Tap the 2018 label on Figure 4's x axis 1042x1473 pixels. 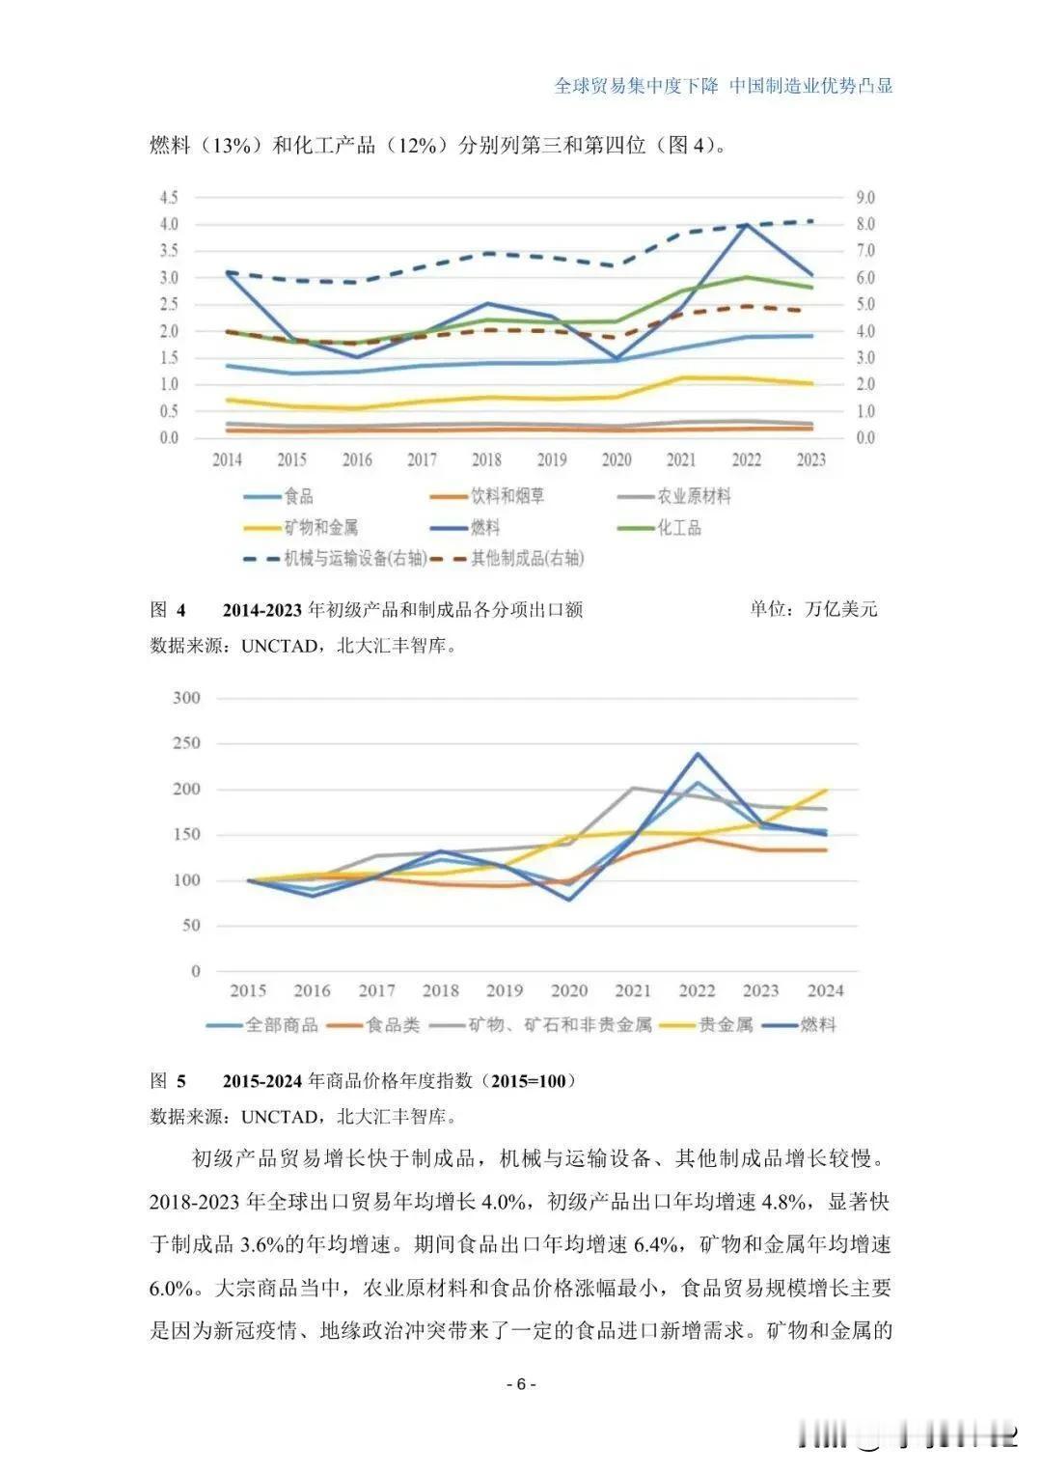coord(486,460)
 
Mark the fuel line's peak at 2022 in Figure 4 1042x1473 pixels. coord(746,224)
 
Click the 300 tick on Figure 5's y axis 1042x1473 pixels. coord(186,698)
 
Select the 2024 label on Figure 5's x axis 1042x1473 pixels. coord(825,990)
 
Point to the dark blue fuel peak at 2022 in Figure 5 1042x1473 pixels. coord(697,754)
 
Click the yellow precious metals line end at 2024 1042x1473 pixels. coord(826,791)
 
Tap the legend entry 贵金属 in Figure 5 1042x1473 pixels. coord(726,1025)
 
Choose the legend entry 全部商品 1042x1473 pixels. coord(281,1025)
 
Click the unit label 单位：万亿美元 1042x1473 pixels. coord(813,609)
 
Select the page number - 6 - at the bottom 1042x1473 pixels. coord(521,1384)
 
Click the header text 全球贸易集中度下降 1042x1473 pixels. coord(637,86)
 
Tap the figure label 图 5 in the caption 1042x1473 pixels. coord(168,1080)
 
